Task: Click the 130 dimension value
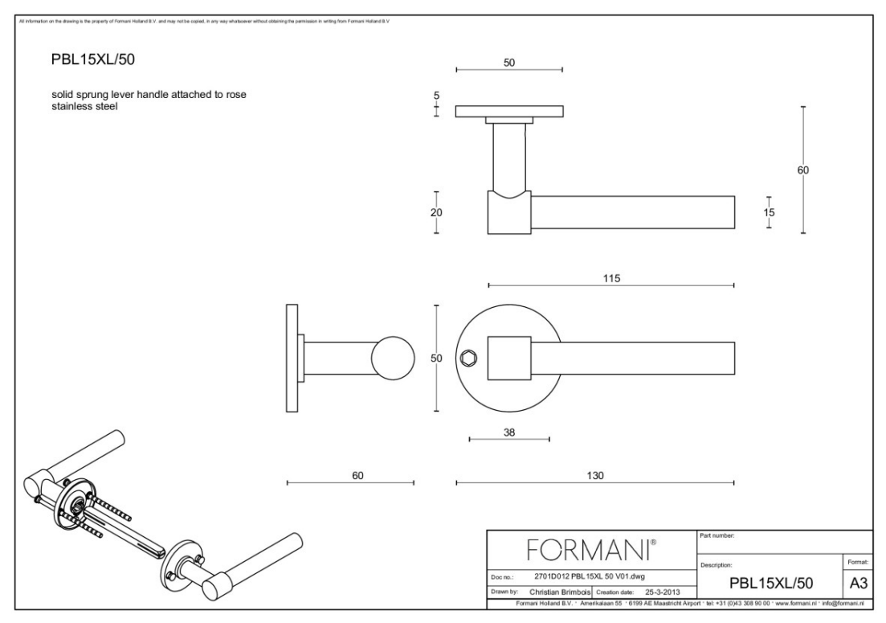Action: [x=595, y=475]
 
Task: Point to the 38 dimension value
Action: [x=508, y=432]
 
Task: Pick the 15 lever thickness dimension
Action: [x=769, y=212]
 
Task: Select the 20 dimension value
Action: [x=436, y=212]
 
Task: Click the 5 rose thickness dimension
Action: [x=436, y=96]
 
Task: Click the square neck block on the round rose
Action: [x=509, y=356]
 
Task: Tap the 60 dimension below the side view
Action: [x=358, y=475]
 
